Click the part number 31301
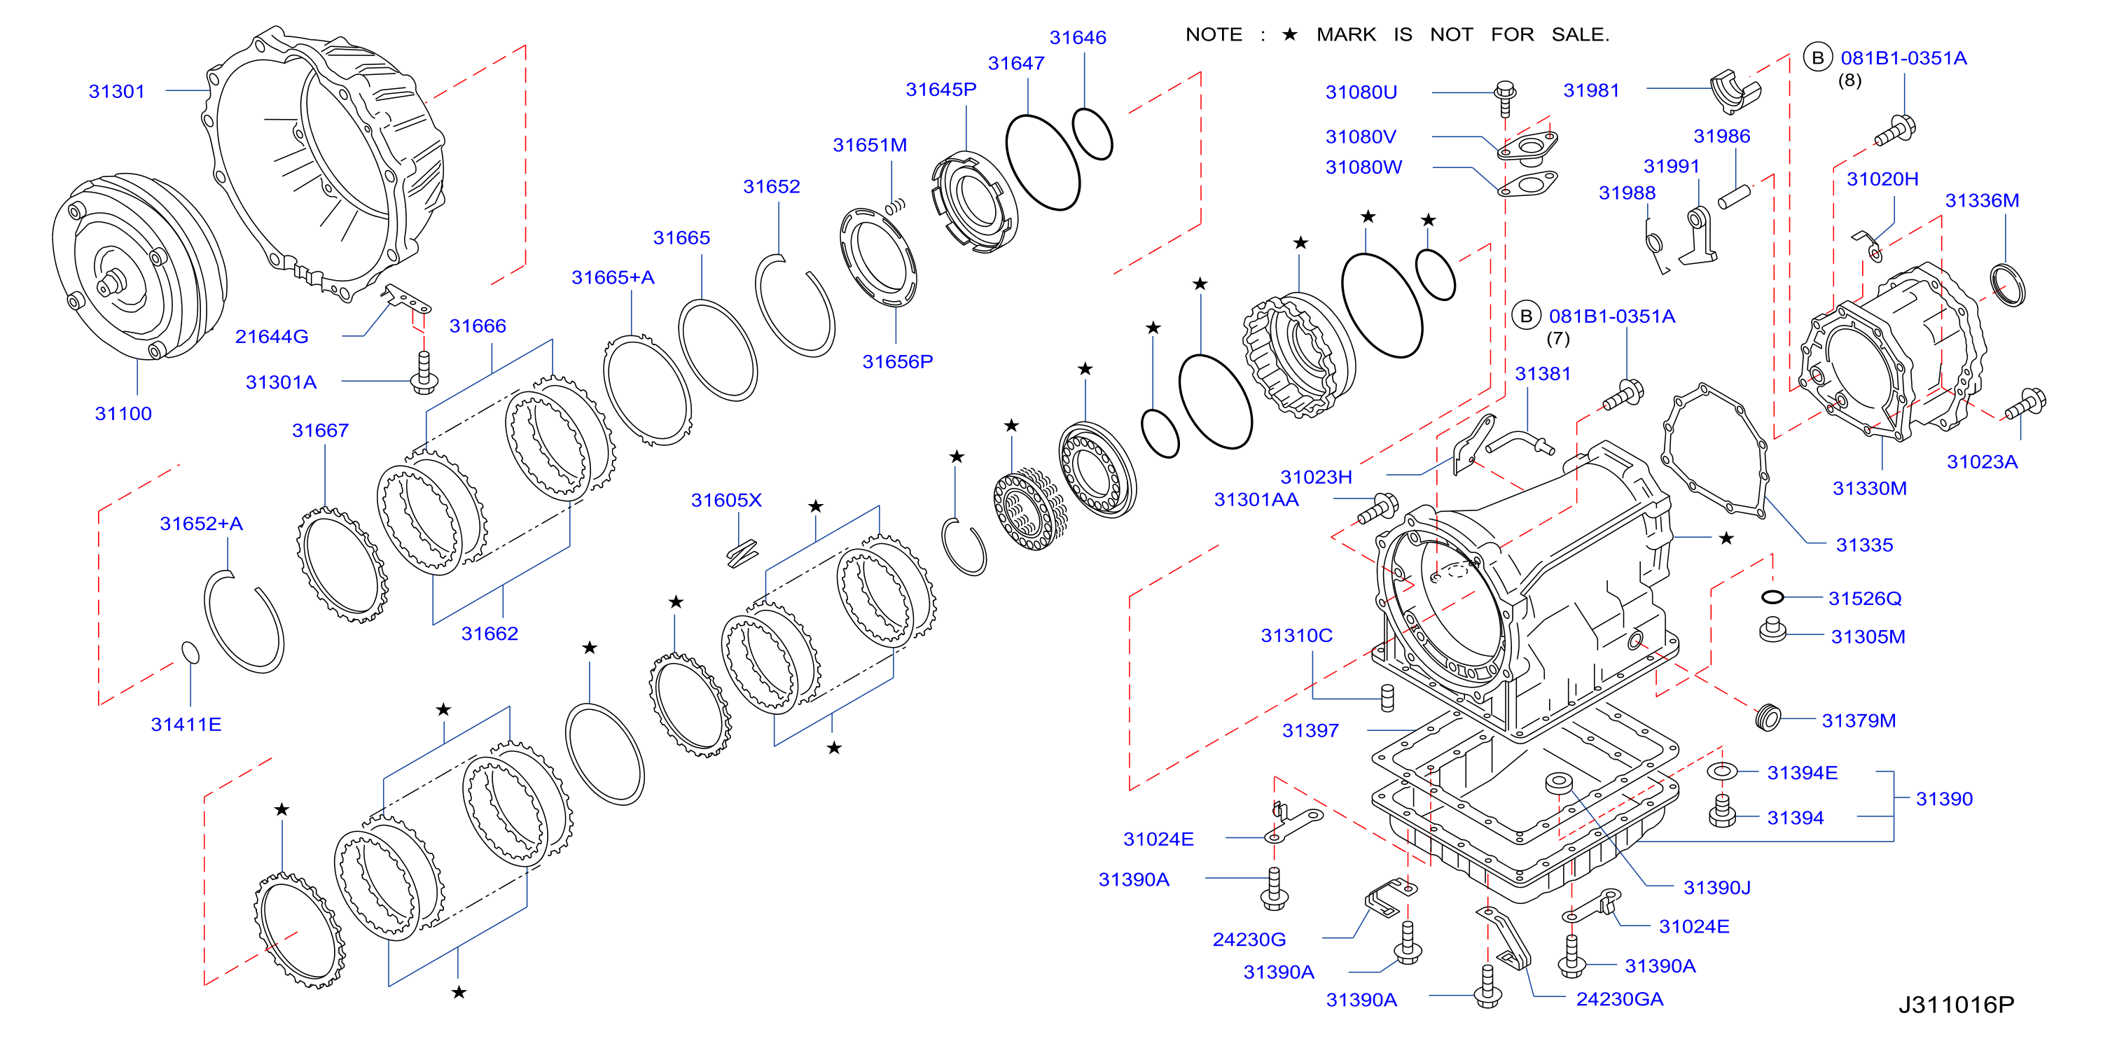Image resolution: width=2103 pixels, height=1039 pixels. pyautogui.click(x=117, y=90)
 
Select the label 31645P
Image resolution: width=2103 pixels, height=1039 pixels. pyautogui.click(x=941, y=89)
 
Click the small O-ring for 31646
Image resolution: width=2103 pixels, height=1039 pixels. pyautogui.click(x=1092, y=133)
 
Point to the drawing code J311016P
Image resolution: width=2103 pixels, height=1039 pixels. pyautogui.click(x=1956, y=1005)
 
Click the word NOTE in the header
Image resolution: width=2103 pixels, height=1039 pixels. pyautogui.click(x=1213, y=34)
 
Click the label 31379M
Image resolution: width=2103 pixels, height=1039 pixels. pyautogui.click(x=1858, y=720)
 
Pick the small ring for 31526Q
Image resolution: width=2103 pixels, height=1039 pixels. pyautogui.click(x=1772, y=597)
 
